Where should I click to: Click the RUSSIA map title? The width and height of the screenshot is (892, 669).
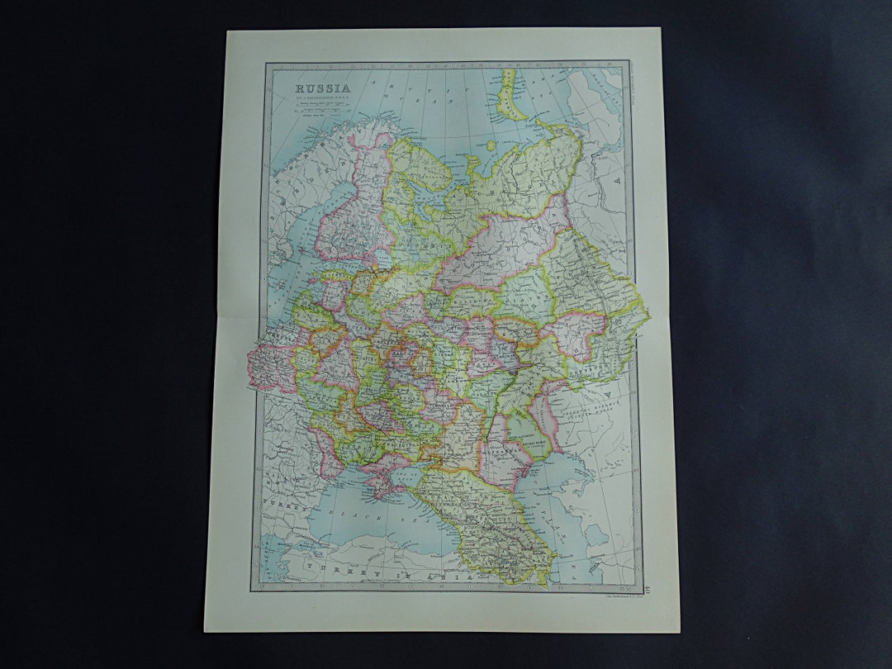tap(324, 87)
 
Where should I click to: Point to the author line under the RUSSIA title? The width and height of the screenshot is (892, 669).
tap(324, 97)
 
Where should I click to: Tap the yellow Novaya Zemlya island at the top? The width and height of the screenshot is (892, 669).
tap(510, 95)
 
